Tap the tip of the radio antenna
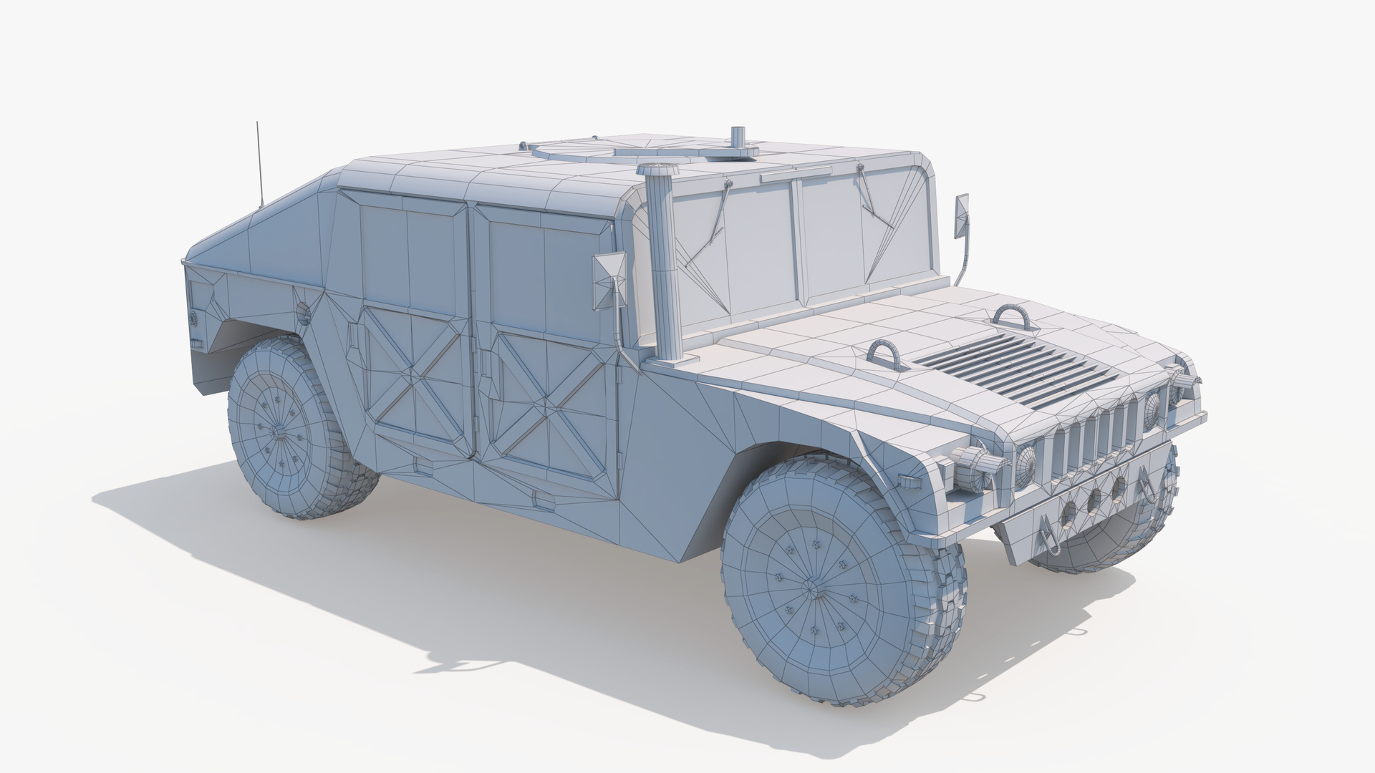(257, 123)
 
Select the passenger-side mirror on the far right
(961, 214)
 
